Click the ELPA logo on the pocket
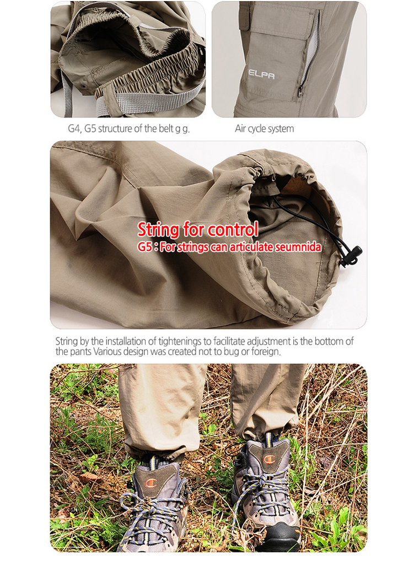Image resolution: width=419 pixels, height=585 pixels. coord(261,74)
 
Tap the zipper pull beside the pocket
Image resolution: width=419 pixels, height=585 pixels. coord(300,90)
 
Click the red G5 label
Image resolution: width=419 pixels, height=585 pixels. coord(145,247)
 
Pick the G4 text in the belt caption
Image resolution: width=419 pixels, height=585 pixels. coord(74,128)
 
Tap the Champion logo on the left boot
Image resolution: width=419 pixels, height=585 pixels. coord(151,484)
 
